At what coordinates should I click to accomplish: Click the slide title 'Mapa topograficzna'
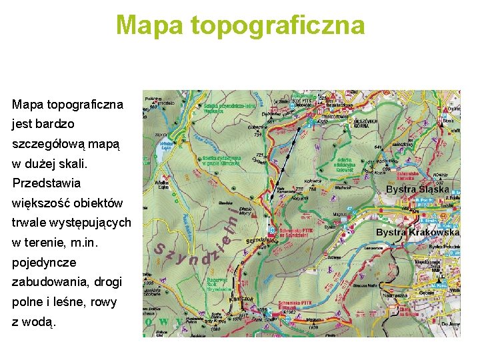click(240, 25)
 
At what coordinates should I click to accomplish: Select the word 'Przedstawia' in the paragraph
click(46, 183)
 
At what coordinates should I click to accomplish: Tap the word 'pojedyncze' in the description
click(44, 262)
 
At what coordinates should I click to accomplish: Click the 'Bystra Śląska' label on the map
click(417, 189)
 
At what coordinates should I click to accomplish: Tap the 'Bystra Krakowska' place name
click(417, 232)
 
